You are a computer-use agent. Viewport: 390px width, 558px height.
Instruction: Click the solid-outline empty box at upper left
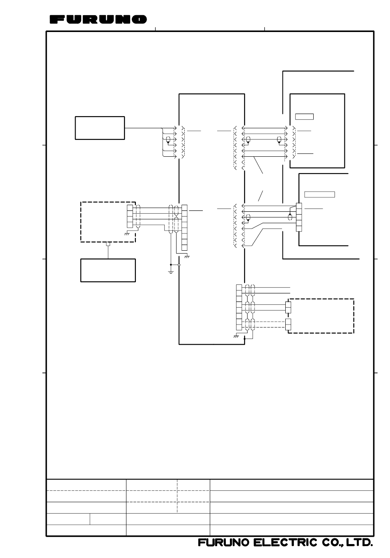(100, 128)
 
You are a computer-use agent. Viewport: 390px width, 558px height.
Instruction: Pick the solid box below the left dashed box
(108, 270)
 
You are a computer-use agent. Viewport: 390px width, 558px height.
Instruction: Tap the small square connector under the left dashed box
(108, 244)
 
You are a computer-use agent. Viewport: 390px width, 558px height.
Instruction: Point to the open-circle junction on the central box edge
(179, 265)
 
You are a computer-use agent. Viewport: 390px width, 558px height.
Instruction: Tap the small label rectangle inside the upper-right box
(304, 117)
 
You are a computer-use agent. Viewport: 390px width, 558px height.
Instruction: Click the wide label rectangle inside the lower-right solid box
(320, 194)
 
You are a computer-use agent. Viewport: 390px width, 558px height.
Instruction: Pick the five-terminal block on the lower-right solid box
(299, 217)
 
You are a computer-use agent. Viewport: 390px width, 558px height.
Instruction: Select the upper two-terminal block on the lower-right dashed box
(288, 307)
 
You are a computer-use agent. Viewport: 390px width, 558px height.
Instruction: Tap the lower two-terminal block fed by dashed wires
(288, 324)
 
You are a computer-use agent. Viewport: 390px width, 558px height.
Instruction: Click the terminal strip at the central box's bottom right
(239, 307)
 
